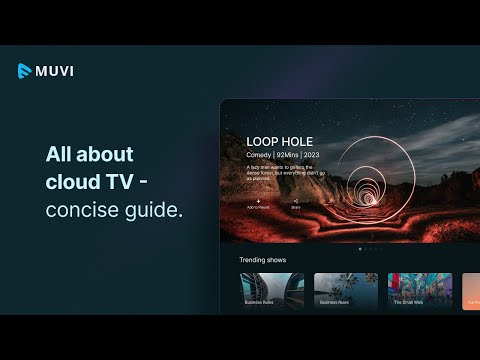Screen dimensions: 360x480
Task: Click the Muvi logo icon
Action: [x=25, y=70]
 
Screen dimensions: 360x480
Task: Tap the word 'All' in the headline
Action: [x=60, y=155]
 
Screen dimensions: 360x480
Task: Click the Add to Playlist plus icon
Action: [x=256, y=200]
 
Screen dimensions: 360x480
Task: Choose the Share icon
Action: [x=295, y=200]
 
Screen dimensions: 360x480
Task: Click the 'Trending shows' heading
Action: [x=262, y=260]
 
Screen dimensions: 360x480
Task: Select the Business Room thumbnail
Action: [x=345, y=289]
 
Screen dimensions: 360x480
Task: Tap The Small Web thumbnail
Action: [x=419, y=289]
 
